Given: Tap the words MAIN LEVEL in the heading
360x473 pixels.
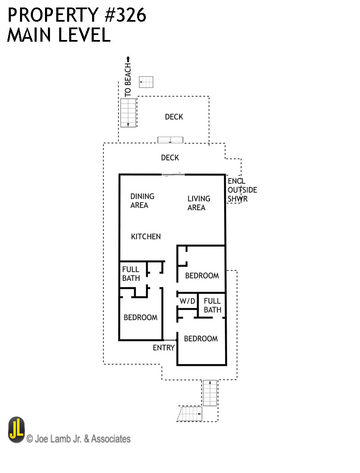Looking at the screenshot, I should (x=59, y=35).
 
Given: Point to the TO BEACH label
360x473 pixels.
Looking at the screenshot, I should (x=128, y=80).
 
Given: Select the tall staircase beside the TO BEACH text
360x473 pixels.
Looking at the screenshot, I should (x=128, y=113).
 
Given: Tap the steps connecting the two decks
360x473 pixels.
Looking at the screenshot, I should (x=170, y=140).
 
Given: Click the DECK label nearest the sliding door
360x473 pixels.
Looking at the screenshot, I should (x=170, y=158).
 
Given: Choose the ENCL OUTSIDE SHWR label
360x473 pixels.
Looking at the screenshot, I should (x=242, y=190).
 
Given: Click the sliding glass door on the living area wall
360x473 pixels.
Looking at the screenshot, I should (x=173, y=175).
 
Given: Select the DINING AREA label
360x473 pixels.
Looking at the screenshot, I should (x=142, y=200).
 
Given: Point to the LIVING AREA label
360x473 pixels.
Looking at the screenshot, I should (x=199, y=203).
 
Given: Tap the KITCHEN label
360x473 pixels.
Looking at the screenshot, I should (x=146, y=237).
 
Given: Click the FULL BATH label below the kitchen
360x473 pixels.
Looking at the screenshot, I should (x=131, y=274).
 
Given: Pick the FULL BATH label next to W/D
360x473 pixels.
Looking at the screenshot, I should (x=212, y=305).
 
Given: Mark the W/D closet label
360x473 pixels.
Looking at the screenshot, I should (x=187, y=301).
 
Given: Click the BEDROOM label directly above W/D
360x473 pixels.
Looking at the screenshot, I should (x=202, y=275).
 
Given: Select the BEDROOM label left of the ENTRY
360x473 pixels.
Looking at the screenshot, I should (x=140, y=318).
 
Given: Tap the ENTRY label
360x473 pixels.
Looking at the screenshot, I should (x=163, y=348).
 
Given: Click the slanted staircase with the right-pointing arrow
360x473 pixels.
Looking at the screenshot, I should (x=190, y=414).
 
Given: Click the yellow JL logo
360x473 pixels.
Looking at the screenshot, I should (x=17, y=430).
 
